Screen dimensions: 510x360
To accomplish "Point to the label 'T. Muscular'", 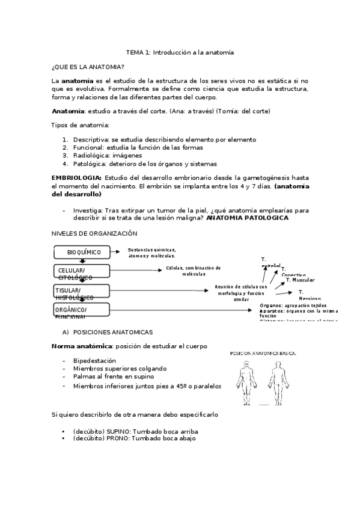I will pyautogui.click(x=300, y=280).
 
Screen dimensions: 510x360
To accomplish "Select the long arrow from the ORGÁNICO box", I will pyautogui.click(x=180, y=310).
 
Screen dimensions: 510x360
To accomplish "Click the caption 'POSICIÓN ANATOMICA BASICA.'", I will pyautogui.click(x=263, y=354).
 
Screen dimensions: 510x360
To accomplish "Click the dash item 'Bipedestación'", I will pyautogui.click(x=99, y=360).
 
